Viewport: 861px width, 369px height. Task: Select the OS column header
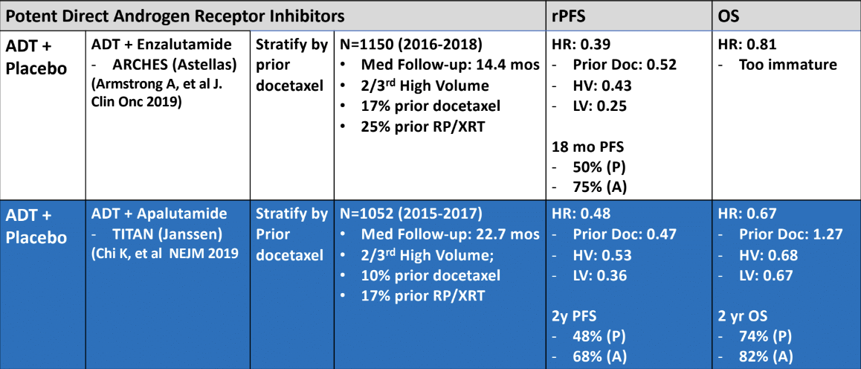tap(729, 16)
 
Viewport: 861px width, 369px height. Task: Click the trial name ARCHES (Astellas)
tap(175, 65)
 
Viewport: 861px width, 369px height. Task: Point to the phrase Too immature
tap(788, 65)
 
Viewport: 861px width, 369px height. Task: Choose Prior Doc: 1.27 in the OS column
tap(790, 235)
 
